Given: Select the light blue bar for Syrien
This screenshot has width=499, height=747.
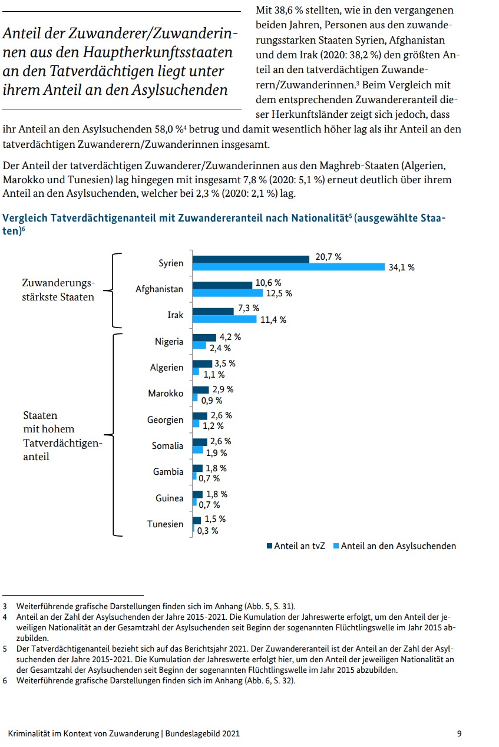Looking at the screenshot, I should (x=289, y=267).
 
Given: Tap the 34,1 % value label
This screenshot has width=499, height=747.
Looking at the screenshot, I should (x=401, y=267).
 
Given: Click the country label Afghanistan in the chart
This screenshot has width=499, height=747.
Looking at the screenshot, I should (x=159, y=289).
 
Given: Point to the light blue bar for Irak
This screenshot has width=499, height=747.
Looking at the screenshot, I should (x=225, y=319).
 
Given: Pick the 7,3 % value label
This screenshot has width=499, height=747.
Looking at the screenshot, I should (x=248, y=308).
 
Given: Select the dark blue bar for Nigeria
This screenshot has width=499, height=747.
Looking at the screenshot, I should (x=204, y=338).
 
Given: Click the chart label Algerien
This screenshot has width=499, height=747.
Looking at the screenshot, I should (x=167, y=367).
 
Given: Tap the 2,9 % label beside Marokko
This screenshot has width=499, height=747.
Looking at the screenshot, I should (x=222, y=389).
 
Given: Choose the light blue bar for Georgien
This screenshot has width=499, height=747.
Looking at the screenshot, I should (x=197, y=425).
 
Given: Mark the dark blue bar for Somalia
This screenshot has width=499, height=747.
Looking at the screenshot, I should (x=200, y=441).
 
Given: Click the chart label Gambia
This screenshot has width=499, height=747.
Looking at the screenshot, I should (x=168, y=471).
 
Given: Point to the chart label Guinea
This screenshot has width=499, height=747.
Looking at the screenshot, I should (x=169, y=498).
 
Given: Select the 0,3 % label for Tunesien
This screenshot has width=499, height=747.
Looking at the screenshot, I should (x=207, y=530).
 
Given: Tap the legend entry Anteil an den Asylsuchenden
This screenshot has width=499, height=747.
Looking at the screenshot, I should (x=394, y=546).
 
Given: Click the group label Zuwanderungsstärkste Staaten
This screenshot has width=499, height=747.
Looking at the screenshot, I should (x=58, y=290).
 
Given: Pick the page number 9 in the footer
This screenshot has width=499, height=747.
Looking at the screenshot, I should (x=459, y=733).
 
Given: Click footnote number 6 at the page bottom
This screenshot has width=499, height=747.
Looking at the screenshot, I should (x=5, y=681).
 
